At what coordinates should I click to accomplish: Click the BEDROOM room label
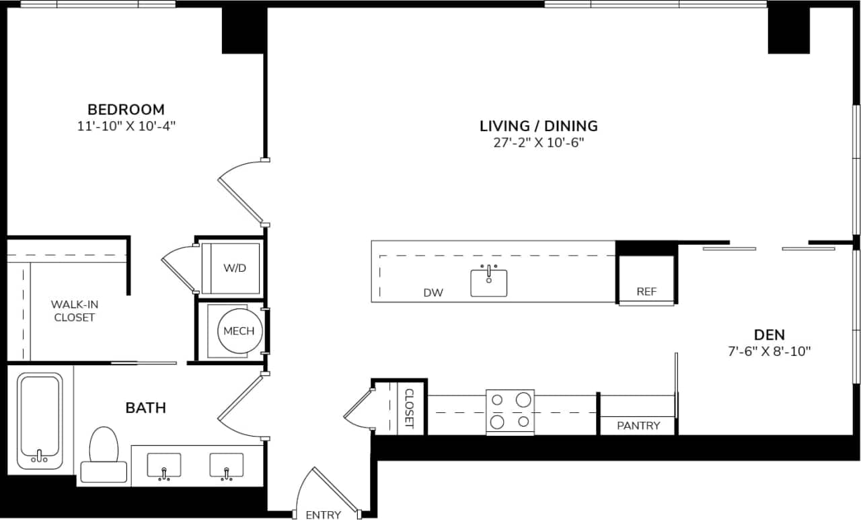coord(126,109)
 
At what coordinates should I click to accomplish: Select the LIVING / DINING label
coord(538,126)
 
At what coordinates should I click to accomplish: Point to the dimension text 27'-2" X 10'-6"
coord(538,143)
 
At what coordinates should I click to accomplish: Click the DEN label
coord(770,334)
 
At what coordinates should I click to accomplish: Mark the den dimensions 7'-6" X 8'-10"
coord(770,350)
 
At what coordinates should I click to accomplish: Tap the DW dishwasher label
coord(433,293)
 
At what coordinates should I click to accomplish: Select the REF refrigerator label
coord(646,292)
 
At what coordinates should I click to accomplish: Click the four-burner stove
coord(510,411)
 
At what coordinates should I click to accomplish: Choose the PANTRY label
coord(638,425)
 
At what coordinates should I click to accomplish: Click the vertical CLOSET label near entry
coord(408,408)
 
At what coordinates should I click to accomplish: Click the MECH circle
coord(239,331)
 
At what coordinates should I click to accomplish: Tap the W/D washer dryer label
coord(235,268)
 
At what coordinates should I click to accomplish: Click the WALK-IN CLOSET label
coord(74,311)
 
